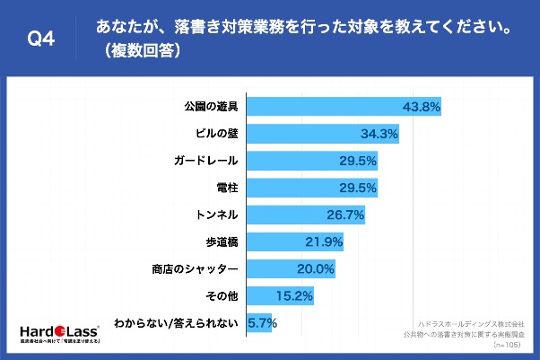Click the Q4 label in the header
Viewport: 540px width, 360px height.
click(x=42, y=38)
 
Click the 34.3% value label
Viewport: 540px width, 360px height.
click(x=380, y=135)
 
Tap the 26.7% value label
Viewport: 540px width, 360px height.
click(x=347, y=215)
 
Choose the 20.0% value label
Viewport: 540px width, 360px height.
click(x=318, y=268)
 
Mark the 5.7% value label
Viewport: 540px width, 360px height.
click(x=261, y=322)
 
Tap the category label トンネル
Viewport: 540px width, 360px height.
click(x=215, y=215)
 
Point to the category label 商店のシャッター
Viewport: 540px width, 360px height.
click(x=195, y=268)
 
